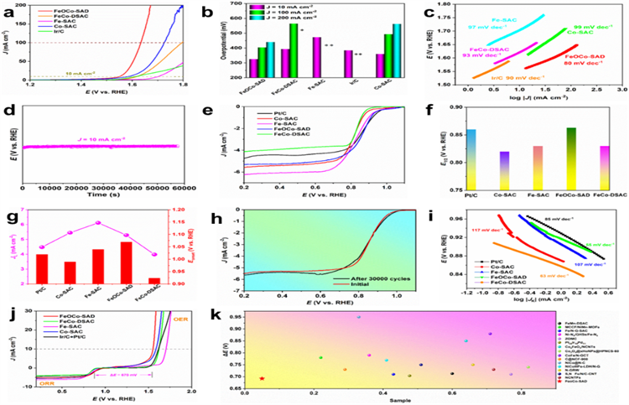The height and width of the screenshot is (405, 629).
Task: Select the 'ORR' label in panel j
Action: [29, 385]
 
